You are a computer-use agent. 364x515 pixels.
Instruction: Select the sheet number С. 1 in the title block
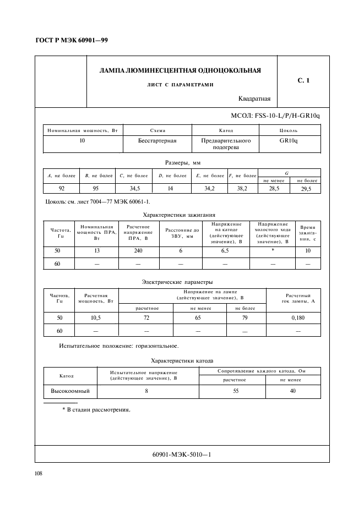click(303, 81)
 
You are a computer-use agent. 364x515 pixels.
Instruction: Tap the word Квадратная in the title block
click(254, 99)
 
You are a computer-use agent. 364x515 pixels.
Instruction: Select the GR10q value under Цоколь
click(289, 141)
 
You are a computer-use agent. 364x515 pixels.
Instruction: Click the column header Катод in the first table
click(226, 131)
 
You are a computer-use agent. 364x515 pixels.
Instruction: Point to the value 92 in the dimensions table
click(61, 188)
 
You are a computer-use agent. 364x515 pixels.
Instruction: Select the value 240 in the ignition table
click(139, 251)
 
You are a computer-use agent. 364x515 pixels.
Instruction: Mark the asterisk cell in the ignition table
click(273, 251)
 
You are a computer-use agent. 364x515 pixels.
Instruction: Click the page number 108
click(39, 473)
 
